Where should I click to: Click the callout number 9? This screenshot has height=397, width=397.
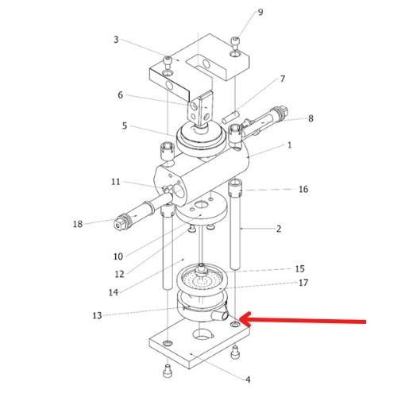(260, 12)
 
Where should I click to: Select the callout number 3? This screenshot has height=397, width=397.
(116, 40)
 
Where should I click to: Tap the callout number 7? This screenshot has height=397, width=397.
(283, 79)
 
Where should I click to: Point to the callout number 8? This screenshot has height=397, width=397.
(310, 118)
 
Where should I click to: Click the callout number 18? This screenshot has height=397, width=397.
(78, 224)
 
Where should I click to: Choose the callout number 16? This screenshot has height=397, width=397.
(303, 189)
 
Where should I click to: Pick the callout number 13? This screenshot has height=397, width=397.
(97, 315)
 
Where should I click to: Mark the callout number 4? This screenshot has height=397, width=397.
(248, 380)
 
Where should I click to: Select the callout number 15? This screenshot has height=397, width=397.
(299, 269)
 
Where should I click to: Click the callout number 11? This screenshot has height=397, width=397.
(116, 182)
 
